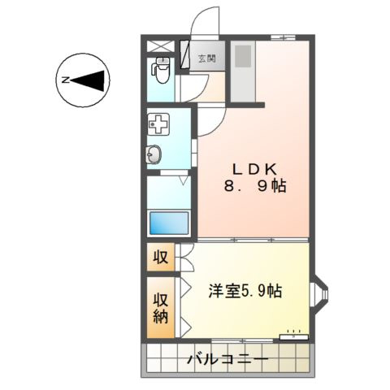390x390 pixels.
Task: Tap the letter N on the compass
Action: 65,80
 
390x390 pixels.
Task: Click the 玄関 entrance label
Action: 206,58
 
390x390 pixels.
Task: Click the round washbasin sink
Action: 155,154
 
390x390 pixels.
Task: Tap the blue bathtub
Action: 170,223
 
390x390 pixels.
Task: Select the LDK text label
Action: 255,169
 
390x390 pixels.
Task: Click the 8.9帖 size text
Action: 255,186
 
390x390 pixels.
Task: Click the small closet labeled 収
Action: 160,258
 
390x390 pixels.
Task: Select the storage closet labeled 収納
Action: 161,307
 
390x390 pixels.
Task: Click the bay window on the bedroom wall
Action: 319,297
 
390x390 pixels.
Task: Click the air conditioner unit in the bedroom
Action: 292,334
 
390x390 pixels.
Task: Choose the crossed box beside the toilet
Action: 161,45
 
